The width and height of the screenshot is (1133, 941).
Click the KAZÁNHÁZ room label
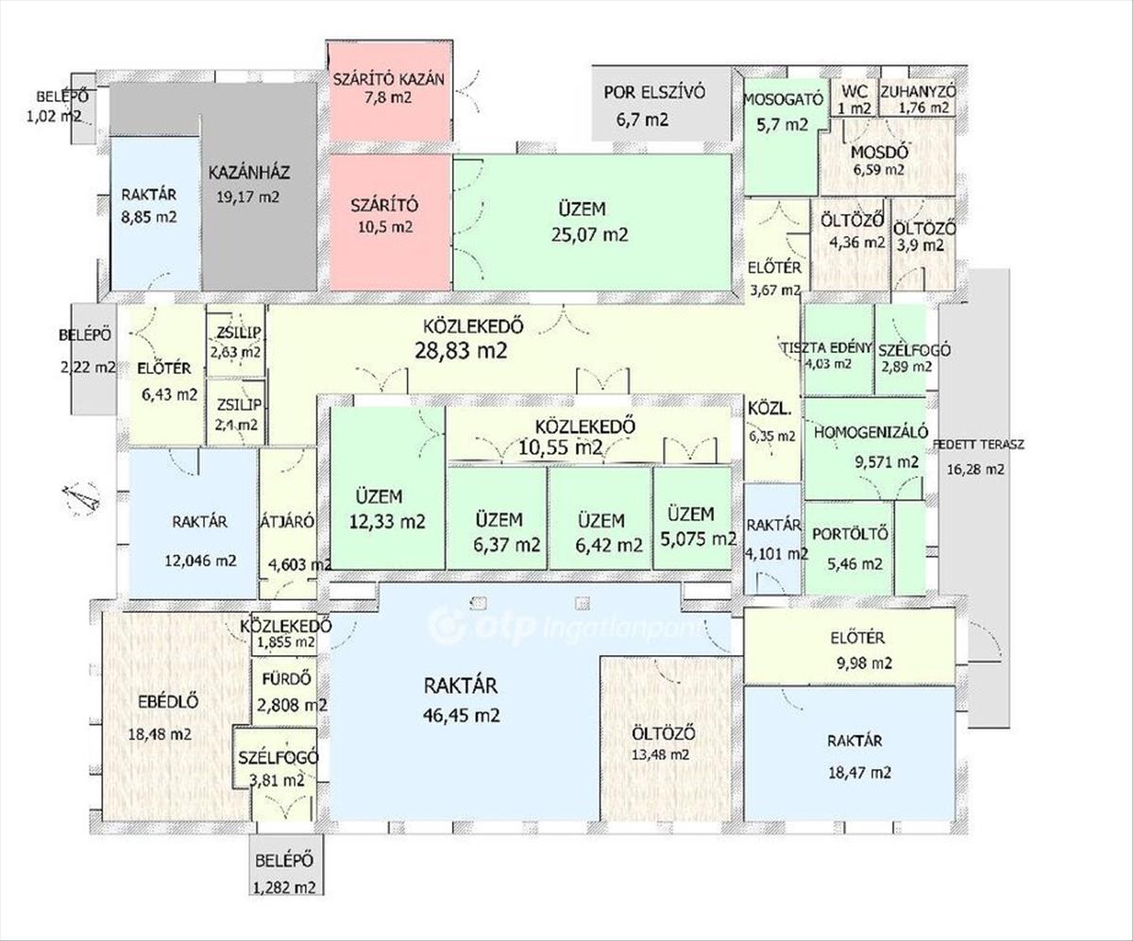pyautogui.click(x=249, y=173)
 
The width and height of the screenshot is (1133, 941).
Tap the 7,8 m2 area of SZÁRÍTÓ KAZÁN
pyautogui.click(x=388, y=97)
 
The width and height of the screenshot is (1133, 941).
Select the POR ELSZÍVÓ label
pyautogui.click(x=654, y=92)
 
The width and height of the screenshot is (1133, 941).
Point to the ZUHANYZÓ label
pyautogui.click(x=918, y=92)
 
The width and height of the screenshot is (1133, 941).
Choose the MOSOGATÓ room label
pyautogui.click(x=783, y=99)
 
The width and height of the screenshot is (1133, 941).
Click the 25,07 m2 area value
pyautogui.click(x=590, y=235)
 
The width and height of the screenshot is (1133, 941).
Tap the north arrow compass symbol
pyautogui.click(x=81, y=498)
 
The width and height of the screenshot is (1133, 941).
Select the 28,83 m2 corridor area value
pyautogui.click(x=462, y=350)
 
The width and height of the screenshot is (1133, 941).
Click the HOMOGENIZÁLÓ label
pyautogui.click(x=871, y=432)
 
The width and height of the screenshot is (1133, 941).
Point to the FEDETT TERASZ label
pyautogui.click(x=978, y=445)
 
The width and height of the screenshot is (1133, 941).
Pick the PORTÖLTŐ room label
pyautogui.click(x=851, y=533)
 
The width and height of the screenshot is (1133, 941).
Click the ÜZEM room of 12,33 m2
pyautogui.click(x=387, y=488)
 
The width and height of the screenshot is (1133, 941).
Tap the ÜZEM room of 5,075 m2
pyautogui.click(x=692, y=518)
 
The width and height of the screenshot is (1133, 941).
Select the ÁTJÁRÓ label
pyautogui.click(x=288, y=522)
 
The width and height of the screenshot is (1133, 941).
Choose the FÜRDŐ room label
pyautogui.click(x=286, y=679)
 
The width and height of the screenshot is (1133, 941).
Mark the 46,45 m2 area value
pyautogui.click(x=462, y=715)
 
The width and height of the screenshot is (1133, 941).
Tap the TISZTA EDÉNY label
pyautogui.click(x=826, y=347)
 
